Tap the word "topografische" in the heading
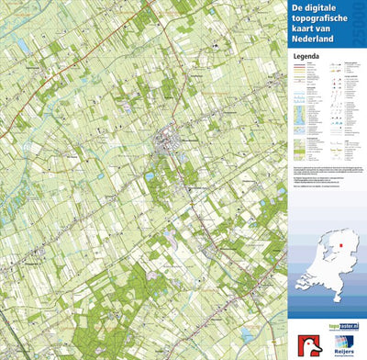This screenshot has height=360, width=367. point(320,19)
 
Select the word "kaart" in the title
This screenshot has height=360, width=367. point(306,31)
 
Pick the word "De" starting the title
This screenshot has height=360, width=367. point(297,7)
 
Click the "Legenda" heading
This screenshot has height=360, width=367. point(306,56)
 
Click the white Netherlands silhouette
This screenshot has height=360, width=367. point(326,266)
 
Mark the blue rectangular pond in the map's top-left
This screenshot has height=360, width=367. point(21,43)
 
